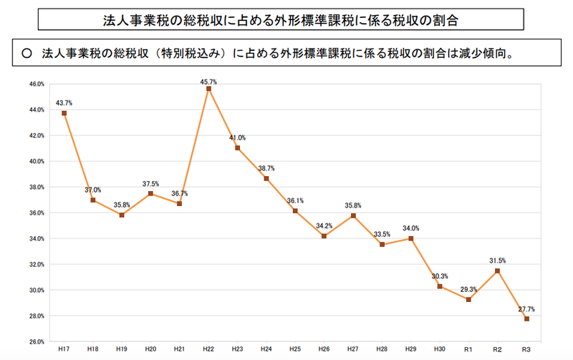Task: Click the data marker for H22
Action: tap(208, 89)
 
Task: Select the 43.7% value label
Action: tap(64, 103)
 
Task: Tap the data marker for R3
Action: tap(526, 318)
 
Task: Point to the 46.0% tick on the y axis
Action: tap(36, 84)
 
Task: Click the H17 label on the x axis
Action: tap(64, 349)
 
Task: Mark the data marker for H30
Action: tap(440, 286)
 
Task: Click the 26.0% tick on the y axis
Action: tap(36, 341)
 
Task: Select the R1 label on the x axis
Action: tap(468, 349)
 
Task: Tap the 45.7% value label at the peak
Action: tap(208, 82)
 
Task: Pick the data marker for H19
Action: tap(122, 215)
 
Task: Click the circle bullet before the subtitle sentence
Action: tap(27, 53)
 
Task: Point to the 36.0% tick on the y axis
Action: tap(36, 213)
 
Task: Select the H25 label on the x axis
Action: tap(295, 349)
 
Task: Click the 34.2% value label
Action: tap(324, 225)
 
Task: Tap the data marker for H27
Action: tap(353, 215)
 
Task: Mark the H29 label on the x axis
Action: tap(410, 349)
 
